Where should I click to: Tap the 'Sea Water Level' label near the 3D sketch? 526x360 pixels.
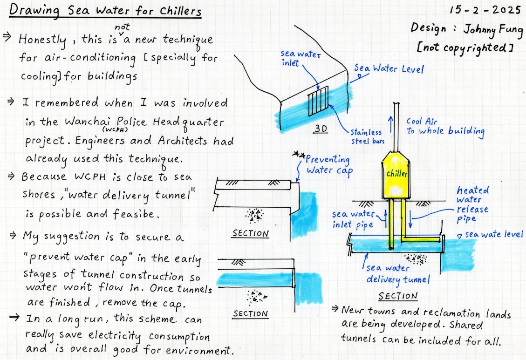(x=389, y=69)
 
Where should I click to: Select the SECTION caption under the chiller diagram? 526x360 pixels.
(x=397, y=296)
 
